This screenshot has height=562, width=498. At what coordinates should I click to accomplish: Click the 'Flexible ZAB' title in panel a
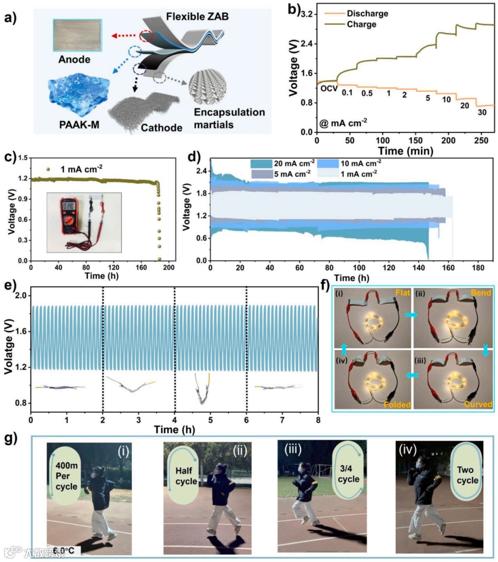click(197, 17)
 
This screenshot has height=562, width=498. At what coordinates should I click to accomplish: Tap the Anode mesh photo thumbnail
click(77, 35)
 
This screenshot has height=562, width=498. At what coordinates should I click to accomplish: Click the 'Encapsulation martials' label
click(229, 118)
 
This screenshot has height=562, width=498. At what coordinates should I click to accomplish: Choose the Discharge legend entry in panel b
click(367, 13)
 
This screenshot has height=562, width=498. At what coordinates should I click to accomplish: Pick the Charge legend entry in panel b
click(362, 24)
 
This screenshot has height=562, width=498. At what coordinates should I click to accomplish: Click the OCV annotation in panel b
click(329, 89)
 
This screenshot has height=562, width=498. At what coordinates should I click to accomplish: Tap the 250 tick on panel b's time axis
click(480, 140)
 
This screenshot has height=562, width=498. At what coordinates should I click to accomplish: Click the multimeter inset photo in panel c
click(84, 222)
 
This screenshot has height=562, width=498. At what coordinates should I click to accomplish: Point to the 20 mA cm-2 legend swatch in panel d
click(261, 164)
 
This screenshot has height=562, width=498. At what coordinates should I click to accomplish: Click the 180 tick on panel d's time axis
click(478, 268)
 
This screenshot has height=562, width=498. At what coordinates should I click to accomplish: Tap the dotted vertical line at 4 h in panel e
click(175, 350)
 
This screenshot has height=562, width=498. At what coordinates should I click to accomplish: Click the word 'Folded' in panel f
click(397, 404)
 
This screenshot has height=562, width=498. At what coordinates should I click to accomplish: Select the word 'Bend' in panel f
click(481, 293)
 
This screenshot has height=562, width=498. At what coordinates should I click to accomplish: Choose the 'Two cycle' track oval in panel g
click(467, 474)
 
